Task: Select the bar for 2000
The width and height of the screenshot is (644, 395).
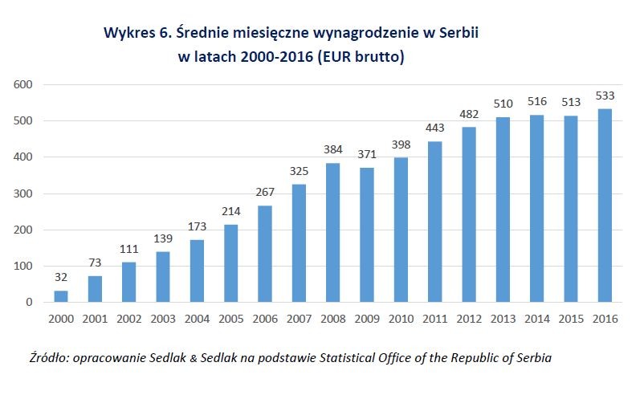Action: pyautogui.click(x=61, y=296)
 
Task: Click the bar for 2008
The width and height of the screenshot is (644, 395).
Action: pyautogui.click(x=333, y=233)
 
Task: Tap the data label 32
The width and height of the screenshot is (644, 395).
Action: pyautogui.click(x=61, y=277)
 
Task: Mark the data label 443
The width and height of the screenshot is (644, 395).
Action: pyautogui.click(x=435, y=128)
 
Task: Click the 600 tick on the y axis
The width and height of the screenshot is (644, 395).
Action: pyautogui.click(x=22, y=84)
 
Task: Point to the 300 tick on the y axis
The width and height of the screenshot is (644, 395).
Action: pyautogui.click(x=22, y=193)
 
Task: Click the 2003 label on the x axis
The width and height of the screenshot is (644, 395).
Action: pyautogui.click(x=163, y=319)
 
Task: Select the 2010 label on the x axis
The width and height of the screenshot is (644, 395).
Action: pyautogui.click(x=401, y=319)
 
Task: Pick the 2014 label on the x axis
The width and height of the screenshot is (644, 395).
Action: pyautogui.click(x=537, y=319)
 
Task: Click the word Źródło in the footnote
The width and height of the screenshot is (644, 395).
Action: pyautogui.click(x=46, y=356)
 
